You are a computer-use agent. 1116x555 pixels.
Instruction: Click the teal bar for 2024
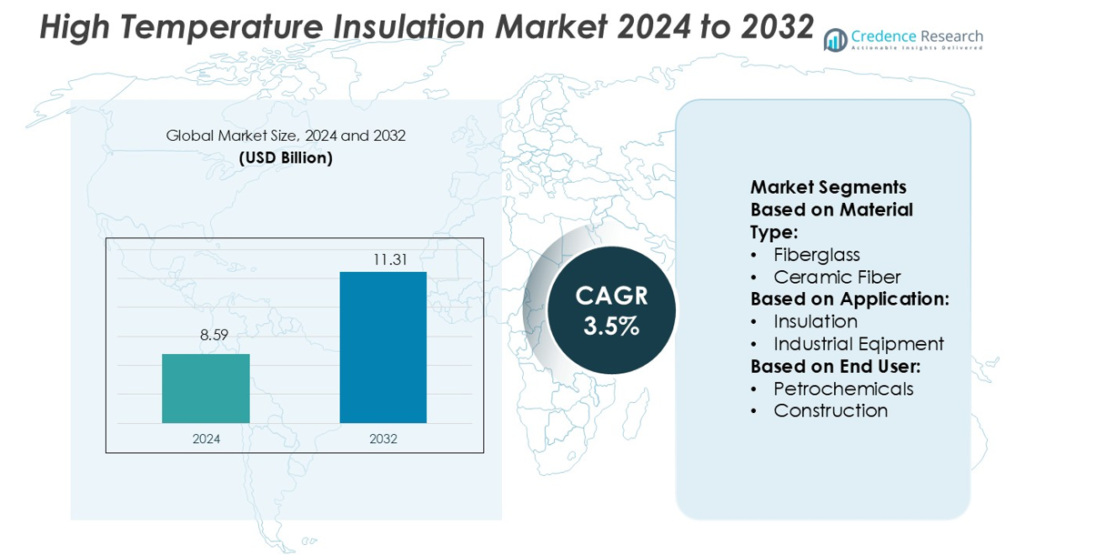pos(206,388)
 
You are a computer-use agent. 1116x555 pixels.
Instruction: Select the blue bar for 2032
pos(383,348)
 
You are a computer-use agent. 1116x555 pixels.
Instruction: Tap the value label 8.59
pos(214,335)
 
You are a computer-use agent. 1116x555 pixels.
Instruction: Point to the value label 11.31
pos(390,259)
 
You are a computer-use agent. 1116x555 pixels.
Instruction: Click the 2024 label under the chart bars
pos(206,439)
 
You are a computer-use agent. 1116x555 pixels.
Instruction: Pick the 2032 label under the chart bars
pos(383,439)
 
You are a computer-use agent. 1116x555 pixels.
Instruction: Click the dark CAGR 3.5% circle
pos(611,310)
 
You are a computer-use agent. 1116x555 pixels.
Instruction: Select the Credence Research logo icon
pos(835,40)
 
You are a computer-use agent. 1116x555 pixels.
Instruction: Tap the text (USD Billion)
pos(286,157)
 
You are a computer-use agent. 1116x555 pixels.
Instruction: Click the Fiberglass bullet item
pos(816,255)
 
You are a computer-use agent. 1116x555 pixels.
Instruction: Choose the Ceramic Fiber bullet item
pos(837,277)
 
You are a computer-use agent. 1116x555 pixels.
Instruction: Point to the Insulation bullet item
pos(815,321)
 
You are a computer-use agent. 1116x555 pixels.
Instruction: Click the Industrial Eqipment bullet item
pos(858,344)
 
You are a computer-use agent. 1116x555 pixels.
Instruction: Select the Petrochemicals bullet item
pos(843,388)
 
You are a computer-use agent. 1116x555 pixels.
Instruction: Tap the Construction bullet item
pos(830,410)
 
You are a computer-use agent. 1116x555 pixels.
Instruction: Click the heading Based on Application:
pos(850,299)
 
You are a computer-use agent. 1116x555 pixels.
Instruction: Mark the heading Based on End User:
pos(835,366)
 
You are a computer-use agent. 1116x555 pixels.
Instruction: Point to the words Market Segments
pos(828,187)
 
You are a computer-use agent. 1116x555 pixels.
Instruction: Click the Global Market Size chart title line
pos(286,136)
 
